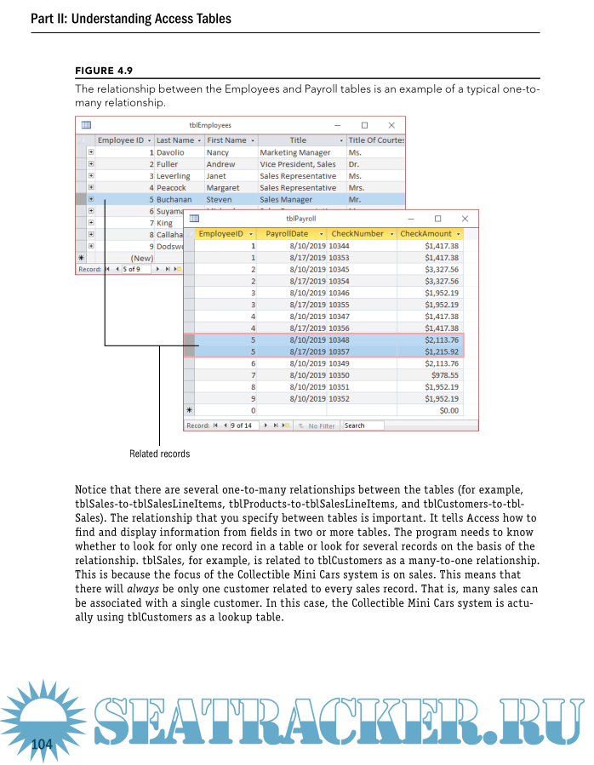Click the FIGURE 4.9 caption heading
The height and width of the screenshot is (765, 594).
pos(104,71)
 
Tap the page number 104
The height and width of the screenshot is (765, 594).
pos(42,745)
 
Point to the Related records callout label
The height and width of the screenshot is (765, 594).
pos(159,454)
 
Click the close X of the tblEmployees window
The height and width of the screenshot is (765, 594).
pos(391,125)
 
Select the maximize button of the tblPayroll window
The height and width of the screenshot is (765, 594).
pos(438,219)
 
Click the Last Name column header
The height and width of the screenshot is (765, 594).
pos(176,140)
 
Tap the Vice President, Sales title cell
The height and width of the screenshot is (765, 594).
pos(297,164)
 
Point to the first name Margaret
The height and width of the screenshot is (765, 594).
pos(222,187)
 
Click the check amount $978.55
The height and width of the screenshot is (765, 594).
pos(443,374)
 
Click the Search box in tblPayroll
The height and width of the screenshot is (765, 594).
pos(363,425)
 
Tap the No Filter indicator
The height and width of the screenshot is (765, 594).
pos(318,425)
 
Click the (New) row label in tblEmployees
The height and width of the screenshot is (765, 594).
pos(141,258)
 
